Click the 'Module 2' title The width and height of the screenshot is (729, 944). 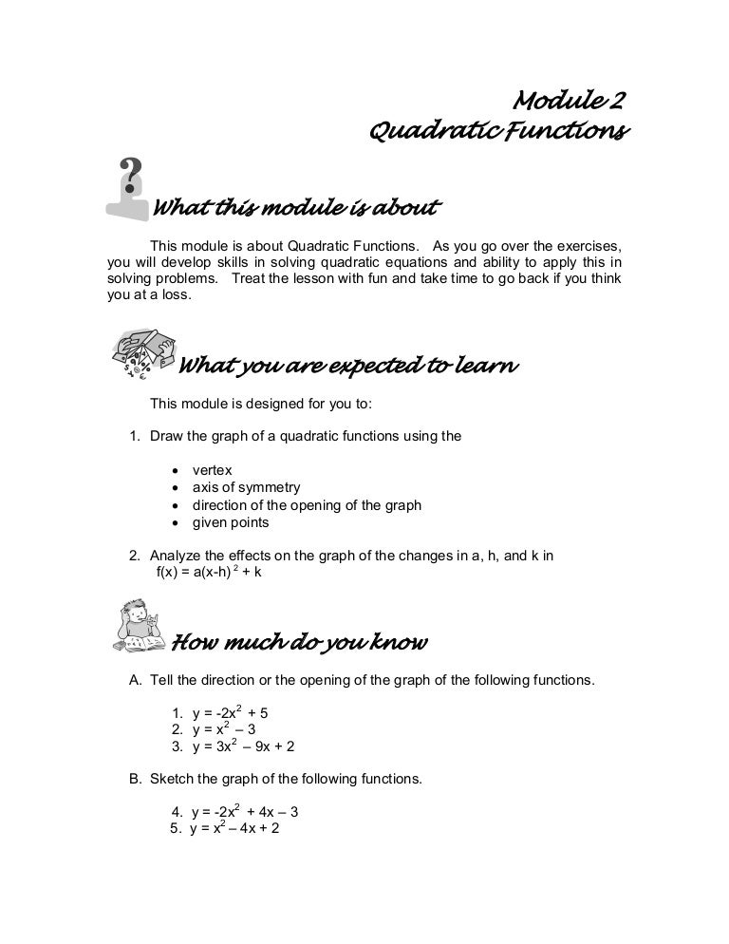[568, 101]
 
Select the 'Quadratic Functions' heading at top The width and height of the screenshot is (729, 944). [495, 131]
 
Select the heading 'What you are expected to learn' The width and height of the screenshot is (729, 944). [347, 366]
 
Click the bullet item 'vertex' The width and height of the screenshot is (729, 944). [212, 470]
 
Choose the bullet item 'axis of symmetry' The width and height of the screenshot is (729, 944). [246, 487]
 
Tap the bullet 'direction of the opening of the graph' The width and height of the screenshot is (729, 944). [307, 505]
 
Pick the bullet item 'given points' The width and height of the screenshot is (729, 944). [231, 522]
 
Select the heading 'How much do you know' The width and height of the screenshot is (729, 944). [298, 644]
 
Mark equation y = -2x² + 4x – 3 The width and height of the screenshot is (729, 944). [245, 813]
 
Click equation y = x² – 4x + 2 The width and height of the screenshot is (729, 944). [234, 829]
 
